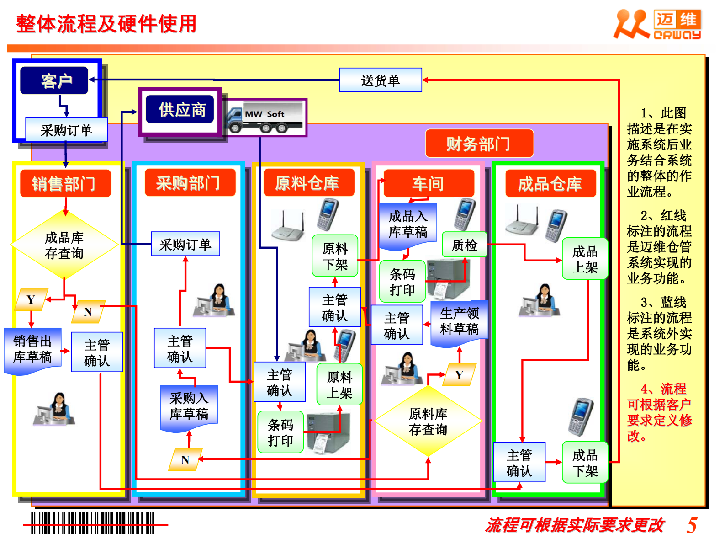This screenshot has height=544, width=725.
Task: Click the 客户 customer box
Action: pos(54,81)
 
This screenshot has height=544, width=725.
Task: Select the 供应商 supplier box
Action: pos(180,109)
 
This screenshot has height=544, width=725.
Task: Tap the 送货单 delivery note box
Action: pos(380,80)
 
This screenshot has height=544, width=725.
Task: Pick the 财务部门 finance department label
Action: pos(479,144)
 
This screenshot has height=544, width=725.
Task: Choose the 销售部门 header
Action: pos(65,183)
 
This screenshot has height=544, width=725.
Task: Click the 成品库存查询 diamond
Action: pos(64,245)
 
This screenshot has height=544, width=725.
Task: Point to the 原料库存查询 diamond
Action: pos(428,421)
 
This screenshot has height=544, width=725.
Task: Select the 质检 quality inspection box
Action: pos(464,245)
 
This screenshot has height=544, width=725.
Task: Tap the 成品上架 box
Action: pos(585,259)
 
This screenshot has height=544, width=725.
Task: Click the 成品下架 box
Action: pos(585,462)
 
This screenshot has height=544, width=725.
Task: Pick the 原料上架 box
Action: pos(339,384)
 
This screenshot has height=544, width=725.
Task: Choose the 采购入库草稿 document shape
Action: pos(189,407)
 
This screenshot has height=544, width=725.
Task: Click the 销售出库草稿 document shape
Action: pos(32,349)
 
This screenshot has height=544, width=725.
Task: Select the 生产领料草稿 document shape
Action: pos(459,322)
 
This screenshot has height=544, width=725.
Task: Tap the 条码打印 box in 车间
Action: pos(402,282)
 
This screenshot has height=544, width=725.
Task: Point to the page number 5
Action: pos(692,525)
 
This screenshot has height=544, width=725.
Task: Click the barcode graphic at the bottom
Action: pos(93,523)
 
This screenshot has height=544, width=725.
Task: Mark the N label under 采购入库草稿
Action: pos(185,459)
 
